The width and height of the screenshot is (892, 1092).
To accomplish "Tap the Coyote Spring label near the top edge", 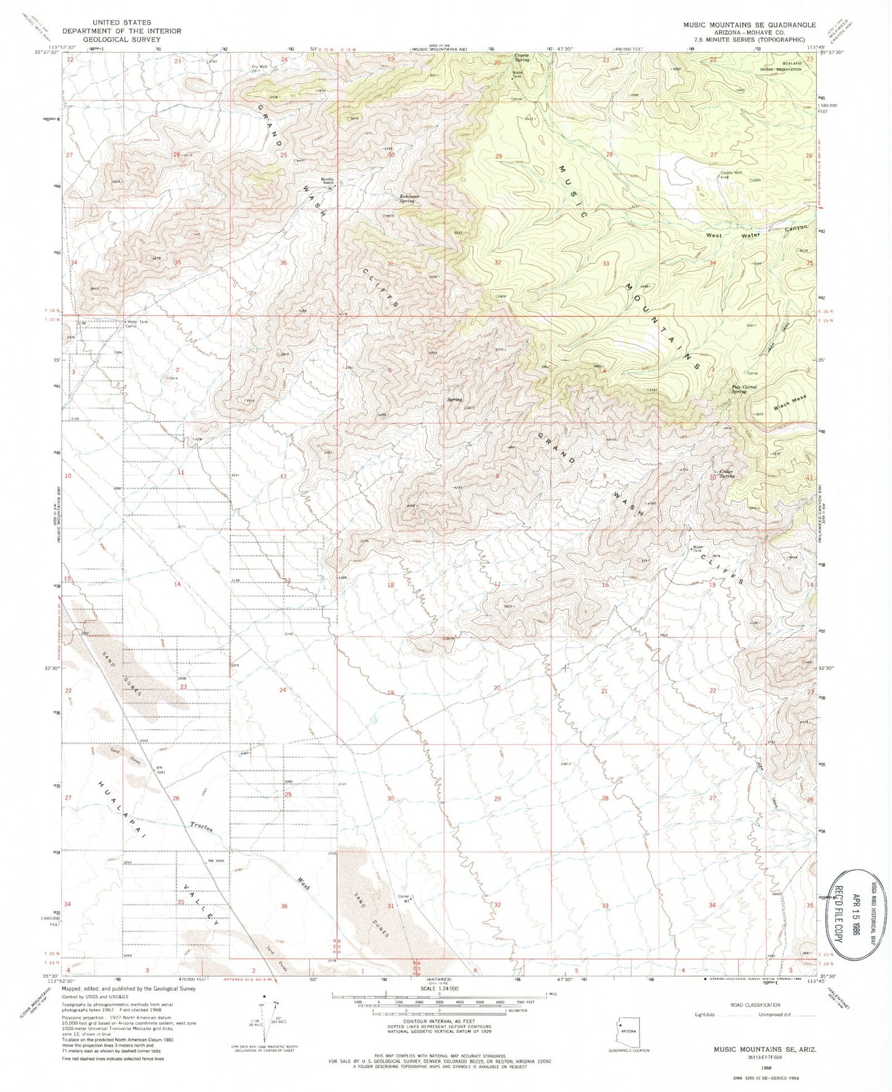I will [522, 57].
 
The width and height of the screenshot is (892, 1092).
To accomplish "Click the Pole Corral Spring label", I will [743, 390].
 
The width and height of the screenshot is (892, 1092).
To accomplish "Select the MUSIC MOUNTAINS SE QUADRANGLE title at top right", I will [749, 25].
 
